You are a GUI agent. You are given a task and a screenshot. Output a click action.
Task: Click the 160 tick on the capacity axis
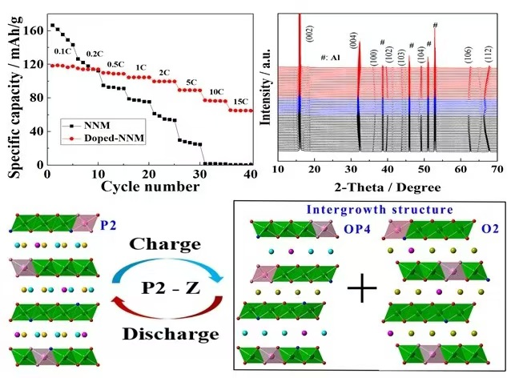[34, 30]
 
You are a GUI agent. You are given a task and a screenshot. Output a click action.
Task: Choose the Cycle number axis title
[150, 187]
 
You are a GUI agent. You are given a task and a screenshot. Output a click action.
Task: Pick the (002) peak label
[310, 34]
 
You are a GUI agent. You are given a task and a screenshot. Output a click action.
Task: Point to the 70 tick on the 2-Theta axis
[497, 171]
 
